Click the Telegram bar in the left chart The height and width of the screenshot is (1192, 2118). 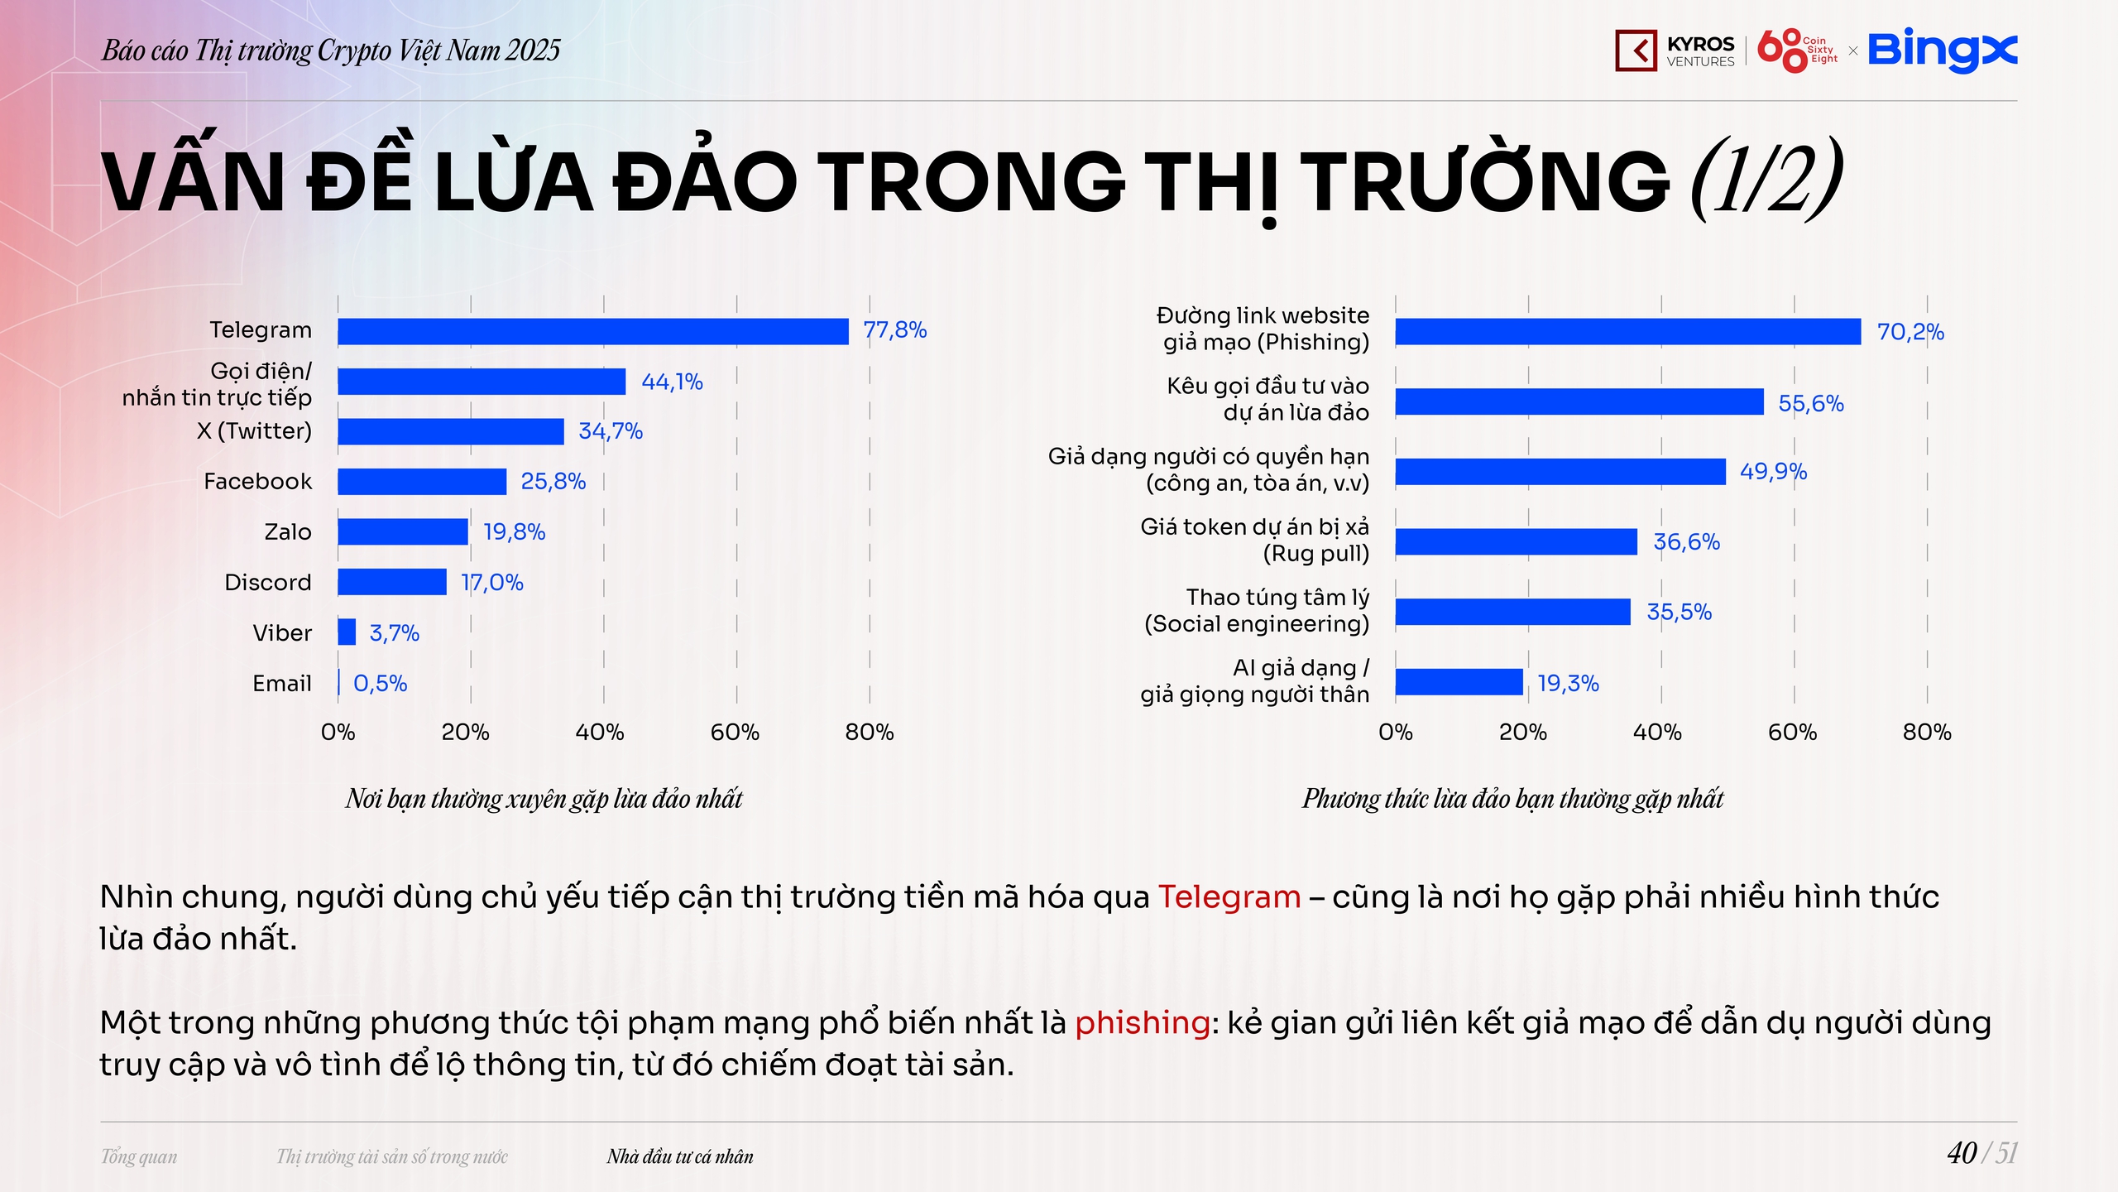point(593,331)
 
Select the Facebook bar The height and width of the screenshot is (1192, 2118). point(422,482)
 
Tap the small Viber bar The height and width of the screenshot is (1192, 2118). point(347,632)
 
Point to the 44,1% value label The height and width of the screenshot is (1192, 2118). point(672,382)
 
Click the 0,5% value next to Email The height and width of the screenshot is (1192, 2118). point(381,684)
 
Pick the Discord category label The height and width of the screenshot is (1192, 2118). point(268,583)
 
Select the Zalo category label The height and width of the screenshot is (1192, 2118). point(288,532)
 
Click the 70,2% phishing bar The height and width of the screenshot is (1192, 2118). point(1628,332)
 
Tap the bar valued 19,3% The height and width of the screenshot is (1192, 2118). point(1459,682)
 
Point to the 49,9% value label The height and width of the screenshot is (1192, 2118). point(1773,472)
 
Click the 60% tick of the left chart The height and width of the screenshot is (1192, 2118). point(735,733)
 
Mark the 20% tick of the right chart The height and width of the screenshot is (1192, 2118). point(1523,733)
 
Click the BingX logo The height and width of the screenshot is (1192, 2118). point(1943,50)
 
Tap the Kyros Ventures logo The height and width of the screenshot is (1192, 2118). point(1675,50)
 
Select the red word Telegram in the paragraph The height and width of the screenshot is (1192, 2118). point(1229,897)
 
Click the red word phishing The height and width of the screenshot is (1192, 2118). point(1143,1023)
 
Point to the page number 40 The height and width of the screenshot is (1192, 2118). point(1962,1153)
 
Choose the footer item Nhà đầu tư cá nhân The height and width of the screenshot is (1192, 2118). point(680,1156)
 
